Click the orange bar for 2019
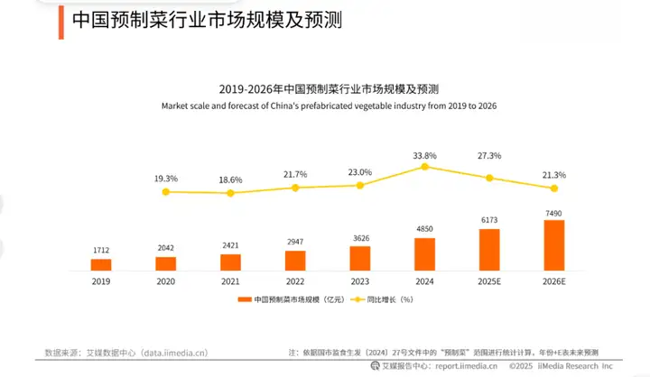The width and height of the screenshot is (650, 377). pyautogui.click(x=100, y=264)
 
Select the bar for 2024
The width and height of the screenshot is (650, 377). pyautogui.click(x=424, y=254)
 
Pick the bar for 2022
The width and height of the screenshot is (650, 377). pyautogui.click(x=295, y=261)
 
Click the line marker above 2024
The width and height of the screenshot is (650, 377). pyautogui.click(x=424, y=167)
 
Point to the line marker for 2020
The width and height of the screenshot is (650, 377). pyautogui.click(x=165, y=191)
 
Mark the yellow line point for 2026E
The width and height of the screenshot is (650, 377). pyautogui.click(x=554, y=188)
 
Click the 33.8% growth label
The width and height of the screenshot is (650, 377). pyautogui.click(x=424, y=154)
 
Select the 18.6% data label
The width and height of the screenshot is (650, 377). pyautogui.click(x=230, y=180)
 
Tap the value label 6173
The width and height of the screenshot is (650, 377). pyautogui.click(x=489, y=219)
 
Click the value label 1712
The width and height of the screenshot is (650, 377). pyautogui.click(x=100, y=249)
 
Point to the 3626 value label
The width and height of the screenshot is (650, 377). pyautogui.click(x=360, y=237)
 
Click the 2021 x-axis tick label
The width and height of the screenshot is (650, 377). pyautogui.click(x=230, y=281)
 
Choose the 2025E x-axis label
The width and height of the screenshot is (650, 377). pyautogui.click(x=489, y=281)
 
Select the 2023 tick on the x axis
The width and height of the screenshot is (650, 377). pyautogui.click(x=360, y=281)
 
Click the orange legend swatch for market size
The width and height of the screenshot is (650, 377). pyautogui.click(x=243, y=299)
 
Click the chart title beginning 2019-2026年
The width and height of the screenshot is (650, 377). pyautogui.click(x=329, y=89)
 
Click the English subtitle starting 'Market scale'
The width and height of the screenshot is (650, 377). pyautogui.click(x=329, y=106)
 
